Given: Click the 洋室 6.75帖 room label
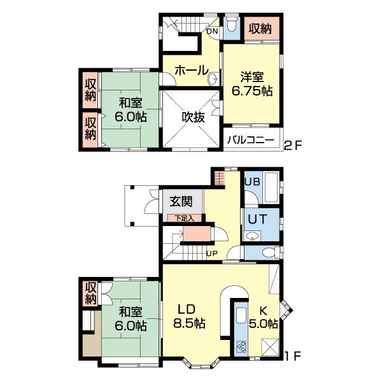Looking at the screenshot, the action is pos(251,84).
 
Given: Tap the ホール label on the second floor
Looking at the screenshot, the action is pos(192,71).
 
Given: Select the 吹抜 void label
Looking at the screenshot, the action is pos(193,117).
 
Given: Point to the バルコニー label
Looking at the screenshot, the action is pos(251,140).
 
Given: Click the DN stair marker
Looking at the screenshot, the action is pos(212,31).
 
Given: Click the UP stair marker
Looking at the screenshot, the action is pos(212,253).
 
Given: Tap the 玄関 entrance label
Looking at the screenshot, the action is pos(181,202).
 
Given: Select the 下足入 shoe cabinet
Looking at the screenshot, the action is pos(185,218).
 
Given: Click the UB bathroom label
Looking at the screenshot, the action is pos(252,181).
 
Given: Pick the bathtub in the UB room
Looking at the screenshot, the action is pos(271,187).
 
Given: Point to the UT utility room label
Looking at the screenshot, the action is pos(257,219).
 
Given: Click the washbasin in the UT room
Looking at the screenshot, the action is pos(252,236).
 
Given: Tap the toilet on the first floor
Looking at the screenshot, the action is pos(271,252).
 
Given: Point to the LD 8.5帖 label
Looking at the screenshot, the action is pos(189,316).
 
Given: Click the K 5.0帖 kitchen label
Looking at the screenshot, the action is pos(263,318).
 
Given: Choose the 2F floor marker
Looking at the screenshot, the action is pos(293,145).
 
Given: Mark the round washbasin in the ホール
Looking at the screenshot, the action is pos(213,78).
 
